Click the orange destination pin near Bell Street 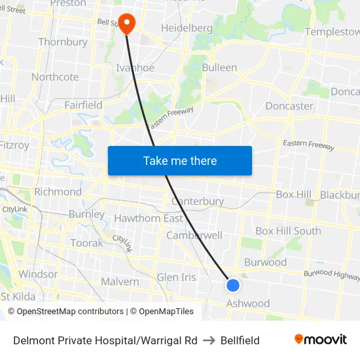click(x=125, y=22)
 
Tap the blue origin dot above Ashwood click(x=233, y=285)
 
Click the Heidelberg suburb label click(x=187, y=28)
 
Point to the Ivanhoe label click(x=135, y=67)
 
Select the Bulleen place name click(x=219, y=67)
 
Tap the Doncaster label click(x=289, y=105)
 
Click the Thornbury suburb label click(x=63, y=42)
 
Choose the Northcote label click(x=55, y=77)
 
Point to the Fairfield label click(x=83, y=105)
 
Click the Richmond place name click(x=58, y=192)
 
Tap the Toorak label click(x=86, y=243)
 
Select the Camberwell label click(x=194, y=235)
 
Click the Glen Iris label click(x=176, y=277)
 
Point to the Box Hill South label click(x=288, y=231)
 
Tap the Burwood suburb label click(x=265, y=262)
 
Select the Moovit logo click(x=320, y=339)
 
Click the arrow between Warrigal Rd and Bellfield click(x=209, y=340)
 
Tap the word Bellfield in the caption click(x=240, y=340)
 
